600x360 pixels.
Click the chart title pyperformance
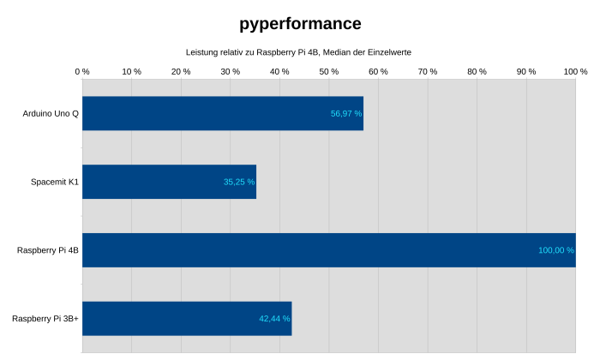[300, 24]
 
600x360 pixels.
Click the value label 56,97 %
[346, 113]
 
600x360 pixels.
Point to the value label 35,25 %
[239, 182]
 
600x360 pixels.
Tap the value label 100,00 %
[555, 250]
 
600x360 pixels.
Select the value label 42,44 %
[274, 319]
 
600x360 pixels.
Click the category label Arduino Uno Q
[51, 113]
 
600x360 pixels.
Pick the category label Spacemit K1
[55, 182]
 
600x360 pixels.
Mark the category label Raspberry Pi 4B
[48, 250]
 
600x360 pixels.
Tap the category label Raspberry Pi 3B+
[45, 319]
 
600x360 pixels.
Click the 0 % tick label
[82, 72]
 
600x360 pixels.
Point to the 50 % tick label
[329, 72]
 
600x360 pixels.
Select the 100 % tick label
[575, 72]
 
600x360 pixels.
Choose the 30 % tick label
[231, 72]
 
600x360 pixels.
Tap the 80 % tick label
[477, 72]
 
